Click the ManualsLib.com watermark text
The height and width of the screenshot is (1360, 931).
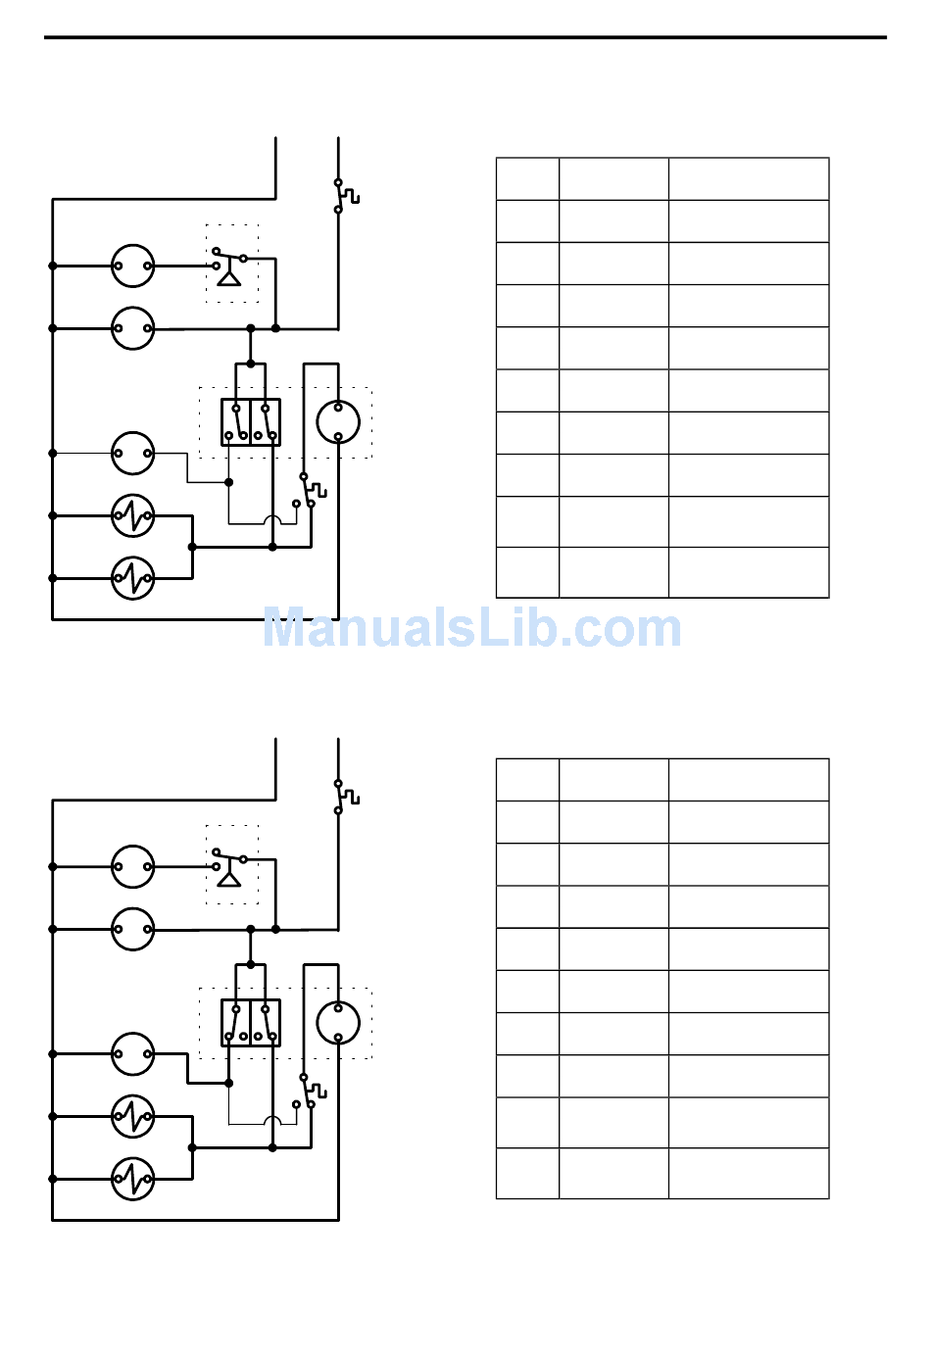pos(471,628)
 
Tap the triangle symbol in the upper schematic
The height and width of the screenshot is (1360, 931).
pos(228,279)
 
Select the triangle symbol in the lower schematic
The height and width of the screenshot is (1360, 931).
pos(228,880)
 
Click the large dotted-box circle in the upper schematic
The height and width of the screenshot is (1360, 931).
pos(338,422)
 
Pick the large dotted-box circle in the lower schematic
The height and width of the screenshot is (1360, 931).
pos(338,1023)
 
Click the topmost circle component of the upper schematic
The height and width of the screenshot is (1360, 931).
pos(133,266)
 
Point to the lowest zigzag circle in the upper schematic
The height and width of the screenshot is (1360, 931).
pos(133,578)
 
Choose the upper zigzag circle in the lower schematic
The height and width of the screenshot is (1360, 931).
pos(133,1116)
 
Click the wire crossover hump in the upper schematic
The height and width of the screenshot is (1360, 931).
pos(273,519)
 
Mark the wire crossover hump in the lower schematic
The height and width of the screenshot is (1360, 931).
pos(273,1120)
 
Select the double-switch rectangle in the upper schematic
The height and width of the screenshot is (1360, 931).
pos(251,422)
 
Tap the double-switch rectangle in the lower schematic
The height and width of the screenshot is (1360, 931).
pos(251,1023)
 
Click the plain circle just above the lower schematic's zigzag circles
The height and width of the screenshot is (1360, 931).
pos(133,1054)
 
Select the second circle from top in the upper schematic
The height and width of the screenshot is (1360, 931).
pos(133,328)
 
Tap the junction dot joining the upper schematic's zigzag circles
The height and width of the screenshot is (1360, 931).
pos(192,547)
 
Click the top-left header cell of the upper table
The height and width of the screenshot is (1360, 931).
pos(527,179)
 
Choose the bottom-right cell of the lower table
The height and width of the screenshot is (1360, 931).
pos(749,1173)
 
